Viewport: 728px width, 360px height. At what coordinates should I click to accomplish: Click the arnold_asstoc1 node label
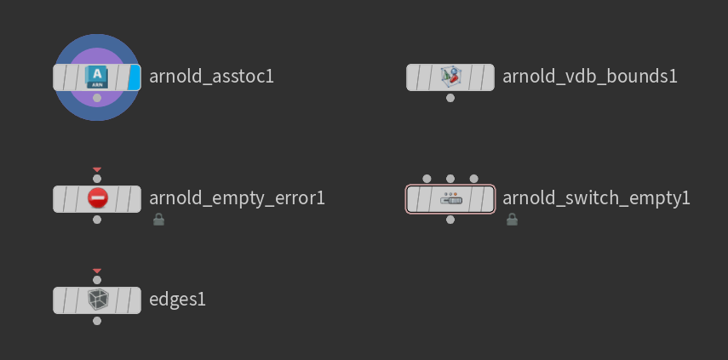(211, 77)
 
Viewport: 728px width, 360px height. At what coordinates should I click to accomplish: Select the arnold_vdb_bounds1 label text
(589, 77)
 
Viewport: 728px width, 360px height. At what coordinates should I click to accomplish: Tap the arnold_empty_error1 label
(237, 198)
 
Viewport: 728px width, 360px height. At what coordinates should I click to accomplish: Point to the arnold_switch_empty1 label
(596, 198)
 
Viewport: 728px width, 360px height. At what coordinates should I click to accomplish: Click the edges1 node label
(177, 300)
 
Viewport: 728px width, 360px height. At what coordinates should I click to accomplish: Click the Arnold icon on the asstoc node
(97, 77)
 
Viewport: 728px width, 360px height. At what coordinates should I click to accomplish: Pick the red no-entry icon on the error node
(97, 199)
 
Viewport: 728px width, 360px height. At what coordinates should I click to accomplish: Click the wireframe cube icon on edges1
(97, 300)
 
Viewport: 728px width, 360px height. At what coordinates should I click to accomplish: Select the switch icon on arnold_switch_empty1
(450, 199)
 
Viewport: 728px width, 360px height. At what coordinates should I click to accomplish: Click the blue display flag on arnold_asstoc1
(135, 77)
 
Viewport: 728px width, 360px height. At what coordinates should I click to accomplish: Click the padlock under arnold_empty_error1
(158, 220)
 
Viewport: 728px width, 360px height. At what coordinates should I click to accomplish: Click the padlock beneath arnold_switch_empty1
(512, 220)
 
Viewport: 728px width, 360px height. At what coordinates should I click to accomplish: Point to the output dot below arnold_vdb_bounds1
(450, 98)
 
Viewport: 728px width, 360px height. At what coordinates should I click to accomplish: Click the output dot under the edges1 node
(97, 321)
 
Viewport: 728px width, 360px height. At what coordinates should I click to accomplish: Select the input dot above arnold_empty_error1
(97, 179)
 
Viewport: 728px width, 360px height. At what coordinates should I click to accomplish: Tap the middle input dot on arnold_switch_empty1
(450, 179)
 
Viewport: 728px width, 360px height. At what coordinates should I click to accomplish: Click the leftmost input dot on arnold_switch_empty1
(427, 179)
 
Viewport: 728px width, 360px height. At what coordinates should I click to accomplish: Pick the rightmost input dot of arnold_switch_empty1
(473, 179)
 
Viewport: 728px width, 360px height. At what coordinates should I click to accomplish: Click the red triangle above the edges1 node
(97, 271)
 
